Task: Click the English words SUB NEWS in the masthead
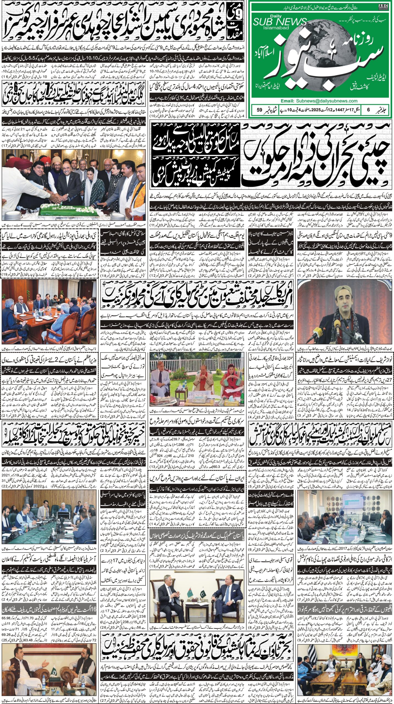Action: [284, 22]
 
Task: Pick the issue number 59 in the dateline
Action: [259, 110]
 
